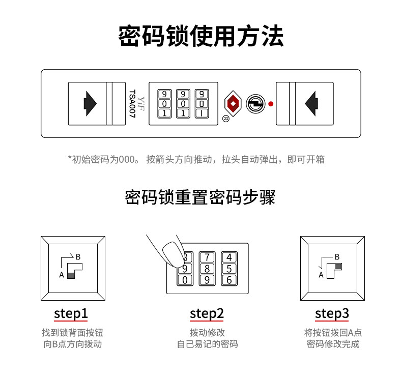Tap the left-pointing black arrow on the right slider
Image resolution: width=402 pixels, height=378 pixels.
tap(311, 103)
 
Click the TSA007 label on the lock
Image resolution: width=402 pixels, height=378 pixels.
tap(132, 104)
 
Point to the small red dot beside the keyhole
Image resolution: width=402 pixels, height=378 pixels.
tap(271, 104)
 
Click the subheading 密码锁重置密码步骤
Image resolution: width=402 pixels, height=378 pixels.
tap(200, 197)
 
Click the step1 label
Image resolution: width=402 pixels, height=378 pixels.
tap(71, 313)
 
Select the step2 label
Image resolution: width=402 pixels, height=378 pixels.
tap(207, 313)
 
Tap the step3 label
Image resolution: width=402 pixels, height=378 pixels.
tap(332, 313)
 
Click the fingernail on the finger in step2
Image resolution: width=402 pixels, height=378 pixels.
tap(171, 253)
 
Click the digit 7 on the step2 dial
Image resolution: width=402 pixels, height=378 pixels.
tap(208, 257)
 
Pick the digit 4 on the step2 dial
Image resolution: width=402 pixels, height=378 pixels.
tap(229, 257)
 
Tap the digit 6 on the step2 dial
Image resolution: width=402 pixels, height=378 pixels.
tap(229, 279)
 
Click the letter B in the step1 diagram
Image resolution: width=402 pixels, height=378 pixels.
tap(78, 256)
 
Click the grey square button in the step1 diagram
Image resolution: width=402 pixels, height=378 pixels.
tap(71, 275)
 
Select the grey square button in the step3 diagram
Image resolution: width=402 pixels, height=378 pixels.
tap(338, 266)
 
